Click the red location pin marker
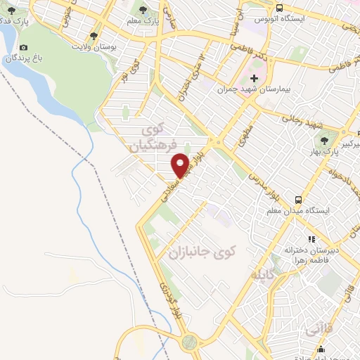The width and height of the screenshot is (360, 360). [x=181, y=165]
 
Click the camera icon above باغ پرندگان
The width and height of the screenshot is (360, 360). [x=23, y=47]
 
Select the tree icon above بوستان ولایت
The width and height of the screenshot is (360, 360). [x=94, y=35]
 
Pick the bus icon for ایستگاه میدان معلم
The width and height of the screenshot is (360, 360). [x=298, y=199]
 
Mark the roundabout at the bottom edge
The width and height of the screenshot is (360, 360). [x=188, y=342]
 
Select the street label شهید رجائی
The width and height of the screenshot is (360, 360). [x=301, y=120]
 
